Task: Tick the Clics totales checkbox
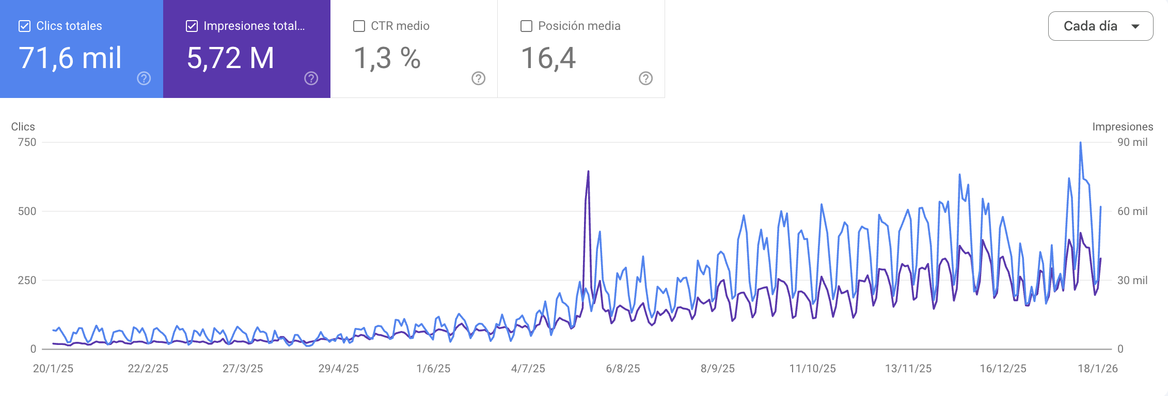coord(24,26)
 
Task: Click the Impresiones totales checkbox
coord(192,26)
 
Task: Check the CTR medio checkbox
coord(359,26)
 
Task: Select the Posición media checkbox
coord(526,26)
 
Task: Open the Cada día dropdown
coord(1100,26)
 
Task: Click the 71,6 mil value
coord(70,58)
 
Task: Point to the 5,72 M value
coord(230,58)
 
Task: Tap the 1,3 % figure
coord(387,58)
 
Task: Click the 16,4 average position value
coord(548,58)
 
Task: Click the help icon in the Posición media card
coord(645,78)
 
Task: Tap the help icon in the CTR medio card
coord(478,78)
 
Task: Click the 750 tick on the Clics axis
coord(27,142)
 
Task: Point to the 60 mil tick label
coord(1132,211)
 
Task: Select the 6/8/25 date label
coord(623,369)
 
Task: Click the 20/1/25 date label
coord(53,369)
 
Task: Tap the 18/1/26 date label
coord(1097,369)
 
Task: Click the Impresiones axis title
coord(1122,127)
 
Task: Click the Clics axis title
coord(23,127)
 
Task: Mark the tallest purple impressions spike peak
coord(588,172)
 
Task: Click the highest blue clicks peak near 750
coord(1080,143)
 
